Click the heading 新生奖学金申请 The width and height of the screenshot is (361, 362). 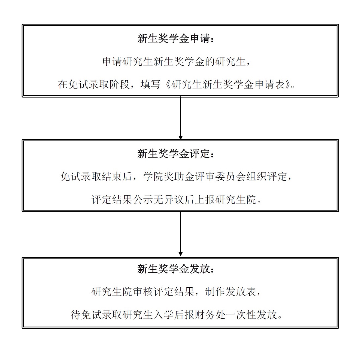pyautogui.click(x=176, y=39)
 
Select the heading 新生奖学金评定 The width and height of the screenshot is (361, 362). pyautogui.click(x=176, y=154)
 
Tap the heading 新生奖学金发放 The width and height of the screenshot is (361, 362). pyautogui.click(x=176, y=269)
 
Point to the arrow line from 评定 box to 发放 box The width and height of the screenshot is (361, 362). pyautogui.click(x=180, y=232)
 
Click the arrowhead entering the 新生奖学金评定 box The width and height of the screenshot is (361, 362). pyautogui.click(x=180, y=137)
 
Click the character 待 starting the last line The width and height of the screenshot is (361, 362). pyautogui.click(x=75, y=315)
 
